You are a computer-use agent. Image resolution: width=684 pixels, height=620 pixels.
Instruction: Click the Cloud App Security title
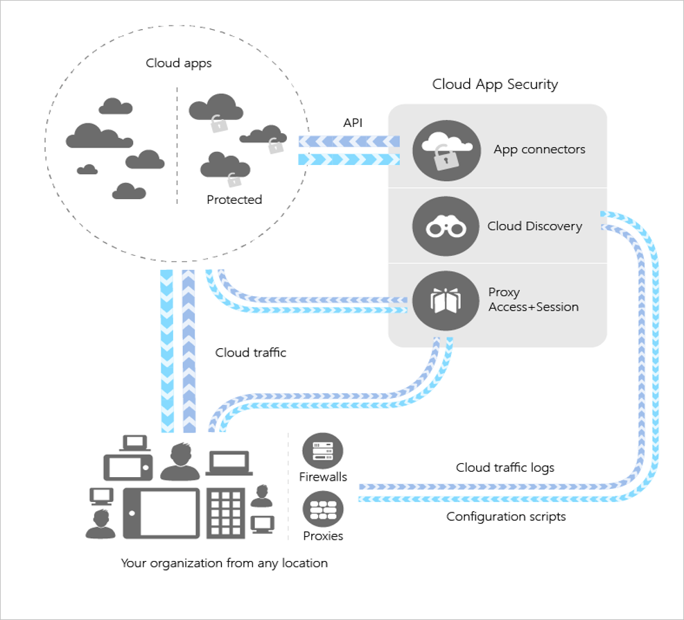click(495, 85)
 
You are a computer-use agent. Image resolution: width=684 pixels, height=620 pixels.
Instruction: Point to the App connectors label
click(539, 150)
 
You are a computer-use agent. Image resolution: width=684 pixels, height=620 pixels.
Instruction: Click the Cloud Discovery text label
click(534, 226)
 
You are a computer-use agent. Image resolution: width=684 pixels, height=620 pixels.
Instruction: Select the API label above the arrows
click(353, 123)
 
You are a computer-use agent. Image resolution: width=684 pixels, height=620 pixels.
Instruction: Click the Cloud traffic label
click(250, 352)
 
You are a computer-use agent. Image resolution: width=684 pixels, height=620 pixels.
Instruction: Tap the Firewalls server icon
click(323, 451)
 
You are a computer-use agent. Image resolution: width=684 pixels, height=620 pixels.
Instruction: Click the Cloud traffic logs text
click(505, 467)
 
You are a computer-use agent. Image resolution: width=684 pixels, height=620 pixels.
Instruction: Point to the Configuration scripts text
click(506, 517)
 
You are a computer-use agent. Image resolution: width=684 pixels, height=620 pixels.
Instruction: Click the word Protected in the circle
click(234, 200)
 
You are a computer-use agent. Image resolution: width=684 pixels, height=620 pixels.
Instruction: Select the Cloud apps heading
click(178, 63)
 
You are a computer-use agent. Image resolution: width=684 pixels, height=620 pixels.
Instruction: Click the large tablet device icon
click(161, 513)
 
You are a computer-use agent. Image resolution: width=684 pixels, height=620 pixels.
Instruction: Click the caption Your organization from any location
click(224, 563)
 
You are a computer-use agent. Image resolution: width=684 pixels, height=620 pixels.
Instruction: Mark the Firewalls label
click(323, 477)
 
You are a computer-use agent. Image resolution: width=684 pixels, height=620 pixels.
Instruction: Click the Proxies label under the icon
click(323, 536)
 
